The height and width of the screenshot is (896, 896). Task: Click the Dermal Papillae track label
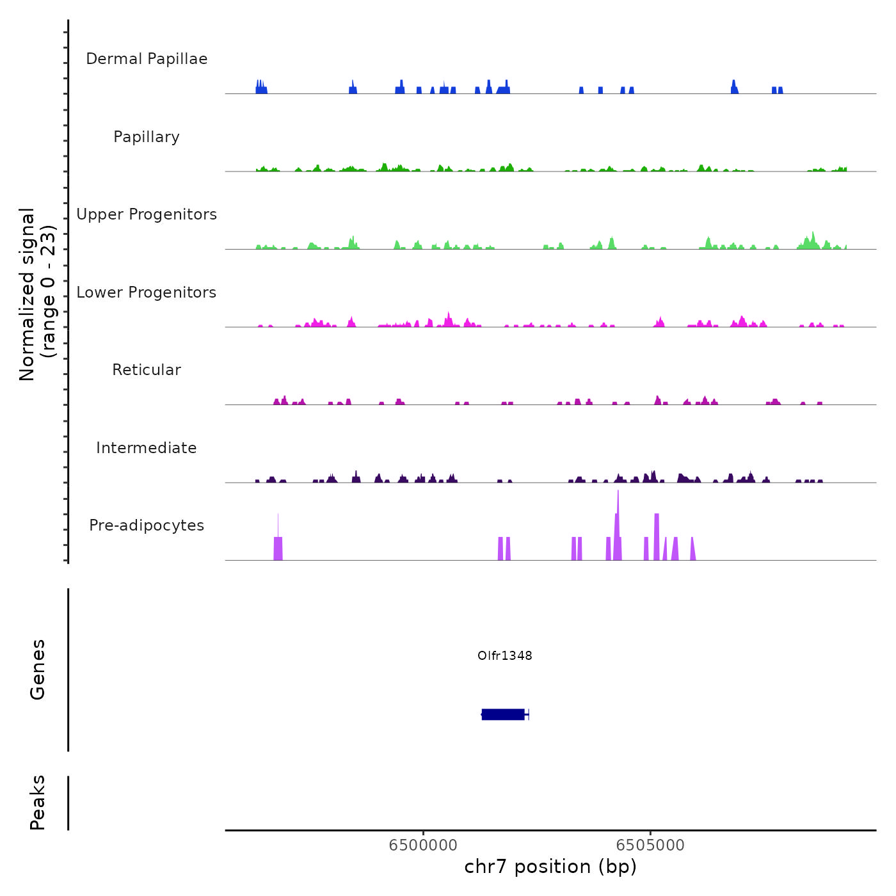pyautogui.click(x=147, y=59)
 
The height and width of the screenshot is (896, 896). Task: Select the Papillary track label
pyautogui.click(x=147, y=137)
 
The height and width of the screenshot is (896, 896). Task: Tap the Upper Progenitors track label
pyautogui.click(x=147, y=214)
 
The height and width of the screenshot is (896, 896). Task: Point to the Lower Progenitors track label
pyautogui.click(x=147, y=292)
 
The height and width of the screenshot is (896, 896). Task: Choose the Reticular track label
pyautogui.click(x=147, y=370)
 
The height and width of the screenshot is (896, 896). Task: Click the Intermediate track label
pyautogui.click(x=147, y=448)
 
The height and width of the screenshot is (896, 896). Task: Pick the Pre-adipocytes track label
pyautogui.click(x=147, y=525)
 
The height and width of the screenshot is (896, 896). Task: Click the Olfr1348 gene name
pyautogui.click(x=504, y=655)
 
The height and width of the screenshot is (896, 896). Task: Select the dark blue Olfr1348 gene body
pyautogui.click(x=503, y=714)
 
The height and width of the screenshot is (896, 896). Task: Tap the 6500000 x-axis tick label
pyautogui.click(x=423, y=845)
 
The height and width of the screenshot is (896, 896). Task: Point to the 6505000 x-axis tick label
pyautogui.click(x=650, y=845)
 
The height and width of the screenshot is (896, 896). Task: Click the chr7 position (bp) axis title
pyautogui.click(x=550, y=867)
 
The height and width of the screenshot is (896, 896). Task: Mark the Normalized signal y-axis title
pyautogui.click(x=37, y=294)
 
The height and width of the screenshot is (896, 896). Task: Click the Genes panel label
pyautogui.click(x=38, y=669)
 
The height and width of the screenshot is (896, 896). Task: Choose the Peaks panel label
pyautogui.click(x=38, y=803)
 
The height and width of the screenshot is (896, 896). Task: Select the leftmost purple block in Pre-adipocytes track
pyautogui.click(x=278, y=548)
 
